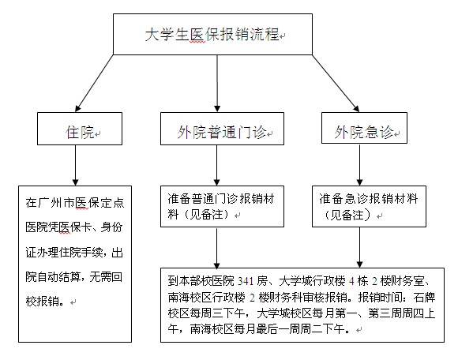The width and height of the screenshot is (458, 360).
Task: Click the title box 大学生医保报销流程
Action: [x=212, y=34]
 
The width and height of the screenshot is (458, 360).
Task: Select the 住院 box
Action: [x=80, y=129]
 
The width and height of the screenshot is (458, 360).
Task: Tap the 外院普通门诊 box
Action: [x=222, y=129]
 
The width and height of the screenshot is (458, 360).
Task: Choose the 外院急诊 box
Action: [x=364, y=128]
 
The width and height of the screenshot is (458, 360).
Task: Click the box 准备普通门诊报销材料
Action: [x=222, y=206]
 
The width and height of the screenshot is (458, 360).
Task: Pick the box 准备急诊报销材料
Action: [x=370, y=206]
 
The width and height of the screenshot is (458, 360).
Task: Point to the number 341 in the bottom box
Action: [x=246, y=281]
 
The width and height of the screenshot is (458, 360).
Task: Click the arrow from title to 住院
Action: [x=94, y=84]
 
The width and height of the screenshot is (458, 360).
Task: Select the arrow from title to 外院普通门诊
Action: [x=217, y=84]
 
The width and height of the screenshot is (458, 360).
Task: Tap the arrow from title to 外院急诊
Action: [x=336, y=84]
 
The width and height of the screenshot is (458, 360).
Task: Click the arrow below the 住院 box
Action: [x=75, y=165]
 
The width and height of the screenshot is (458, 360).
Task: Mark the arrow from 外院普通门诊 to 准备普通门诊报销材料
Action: [x=216, y=165]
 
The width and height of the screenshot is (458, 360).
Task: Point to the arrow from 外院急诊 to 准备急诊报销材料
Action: [x=359, y=165]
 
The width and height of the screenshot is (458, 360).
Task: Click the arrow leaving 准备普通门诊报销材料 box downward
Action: [x=216, y=248]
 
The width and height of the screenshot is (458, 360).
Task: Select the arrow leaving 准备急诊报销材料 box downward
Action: [x=359, y=248]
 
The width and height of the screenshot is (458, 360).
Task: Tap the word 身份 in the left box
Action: [x=111, y=227]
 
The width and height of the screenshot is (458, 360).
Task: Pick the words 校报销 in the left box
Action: [x=45, y=301]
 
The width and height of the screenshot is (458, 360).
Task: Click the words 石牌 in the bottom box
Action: [x=424, y=298]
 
